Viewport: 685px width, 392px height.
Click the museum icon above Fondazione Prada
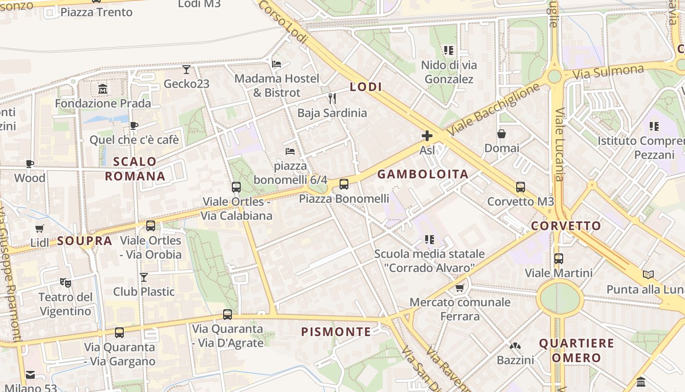click(x=103, y=89)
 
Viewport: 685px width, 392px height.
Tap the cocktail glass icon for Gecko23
click(x=186, y=69)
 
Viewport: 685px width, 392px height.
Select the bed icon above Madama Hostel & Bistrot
click(x=276, y=64)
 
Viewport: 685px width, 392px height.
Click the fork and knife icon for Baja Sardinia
click(x=332, y=98)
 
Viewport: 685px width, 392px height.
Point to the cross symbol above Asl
click(x=427, y=136)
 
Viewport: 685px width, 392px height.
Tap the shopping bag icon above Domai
click(x=502, y=134)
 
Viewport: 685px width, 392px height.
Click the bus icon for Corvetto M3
click(x=521, y=187)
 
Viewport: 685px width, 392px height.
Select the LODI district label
click(x=365, y=87)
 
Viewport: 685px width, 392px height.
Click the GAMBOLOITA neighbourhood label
click(x=423, y=174)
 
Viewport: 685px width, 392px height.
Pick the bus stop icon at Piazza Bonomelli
click(x=344, y=184)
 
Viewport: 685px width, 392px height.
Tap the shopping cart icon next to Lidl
click(x=40, y=228)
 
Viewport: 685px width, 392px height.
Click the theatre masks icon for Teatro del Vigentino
click(x=65, y=282)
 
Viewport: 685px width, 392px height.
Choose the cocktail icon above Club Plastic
click(x=144, y=277)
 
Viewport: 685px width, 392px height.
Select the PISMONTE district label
click(x=336, y=332)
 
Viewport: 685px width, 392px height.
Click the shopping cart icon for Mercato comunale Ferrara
click(x=459, y=288)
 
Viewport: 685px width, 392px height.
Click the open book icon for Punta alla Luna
click(x=648, y=274)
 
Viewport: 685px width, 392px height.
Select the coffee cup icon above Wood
click(x=30, y=164)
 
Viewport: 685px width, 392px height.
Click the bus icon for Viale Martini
click(x=559, y=258)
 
